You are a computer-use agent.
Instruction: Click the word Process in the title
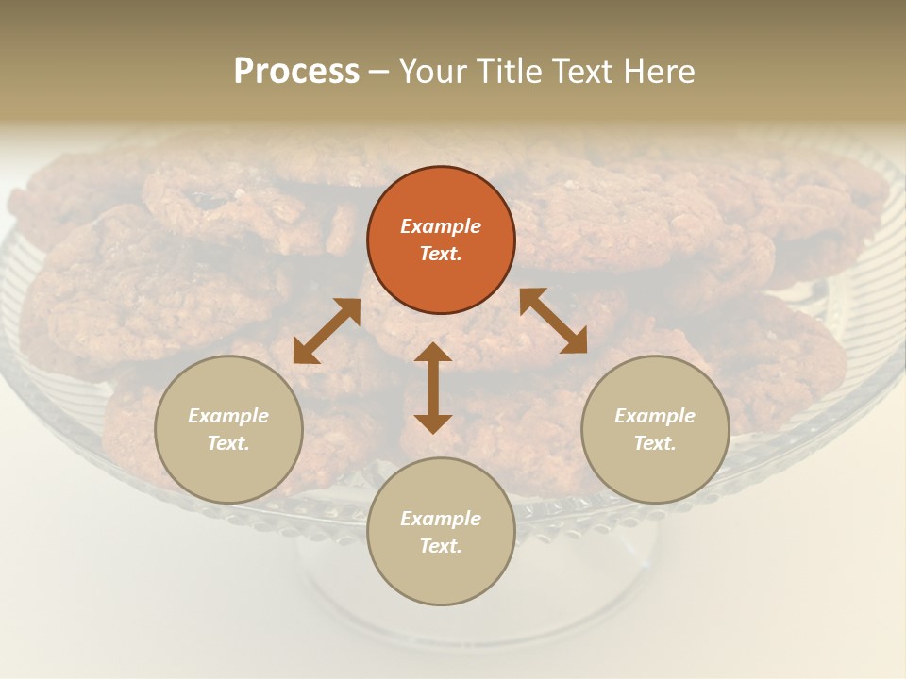click(296, 72)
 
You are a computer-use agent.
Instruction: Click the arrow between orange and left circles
click(327, 331)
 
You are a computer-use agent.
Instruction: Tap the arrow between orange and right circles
click(554, 322)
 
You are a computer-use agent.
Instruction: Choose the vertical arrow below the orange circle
click(433, 388)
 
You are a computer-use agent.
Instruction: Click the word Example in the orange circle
click(441, 226)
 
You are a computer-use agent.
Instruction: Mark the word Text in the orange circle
click(441, 254)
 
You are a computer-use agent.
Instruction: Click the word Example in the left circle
click(228, 416)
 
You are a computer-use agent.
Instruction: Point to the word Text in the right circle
click(655, 443)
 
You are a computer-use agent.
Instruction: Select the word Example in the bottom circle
click(441, 519)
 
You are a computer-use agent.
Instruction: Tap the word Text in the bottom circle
click(441, 546)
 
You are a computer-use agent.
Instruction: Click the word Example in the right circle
click(655, 416)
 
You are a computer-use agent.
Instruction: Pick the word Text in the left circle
click(228, 443)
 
